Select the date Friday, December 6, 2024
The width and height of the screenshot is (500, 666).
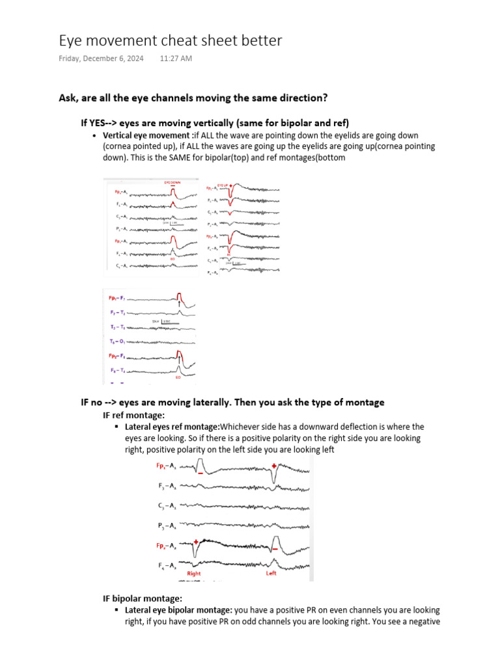click(101, 59)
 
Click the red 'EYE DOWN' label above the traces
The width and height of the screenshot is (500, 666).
click(172, 183)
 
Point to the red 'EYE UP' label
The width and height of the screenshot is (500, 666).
click(223, 185)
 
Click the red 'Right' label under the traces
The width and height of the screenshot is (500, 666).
click(194, 574)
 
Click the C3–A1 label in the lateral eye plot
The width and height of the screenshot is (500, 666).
click(168, 505)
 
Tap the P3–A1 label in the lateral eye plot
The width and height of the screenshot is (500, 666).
click(168, 526)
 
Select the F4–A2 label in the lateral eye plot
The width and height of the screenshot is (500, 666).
click(168, 565)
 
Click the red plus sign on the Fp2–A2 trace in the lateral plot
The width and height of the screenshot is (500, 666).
click(195, 540)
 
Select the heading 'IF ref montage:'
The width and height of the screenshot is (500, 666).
click(134, 415)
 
